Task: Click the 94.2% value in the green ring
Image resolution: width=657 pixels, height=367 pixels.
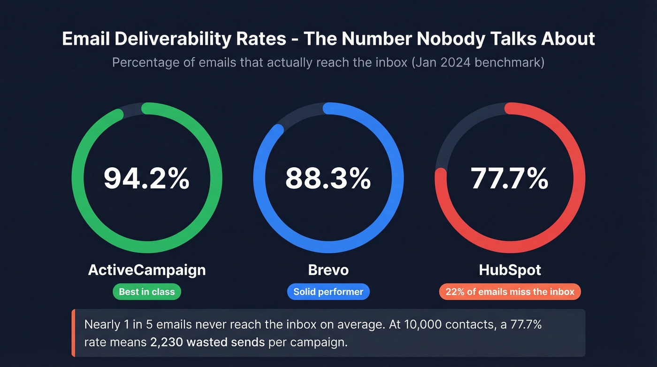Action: pyautogui.click(x=146, y=179)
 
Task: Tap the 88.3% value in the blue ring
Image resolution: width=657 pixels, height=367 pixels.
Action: pyautogui.click(x=328, y=179)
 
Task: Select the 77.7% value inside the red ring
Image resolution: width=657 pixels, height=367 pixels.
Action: pyautogui.click(x=510, y=179)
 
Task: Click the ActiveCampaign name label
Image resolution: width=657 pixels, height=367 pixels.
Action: pyautogui.click(x=147, y=270)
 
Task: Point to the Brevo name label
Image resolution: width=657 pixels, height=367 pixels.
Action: pyautogui.click(x=328, y=270)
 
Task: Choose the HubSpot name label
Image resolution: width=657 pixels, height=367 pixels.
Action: pyautogui.click(x=510, y=270)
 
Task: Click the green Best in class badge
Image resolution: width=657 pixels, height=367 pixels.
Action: pyautogui.click(x=147, y=292)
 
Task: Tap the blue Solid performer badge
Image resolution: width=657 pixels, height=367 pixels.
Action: pyautogui.click(x=328, y=292)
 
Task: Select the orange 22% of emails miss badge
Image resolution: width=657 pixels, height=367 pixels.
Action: pyautogui.click(x=510, y=292)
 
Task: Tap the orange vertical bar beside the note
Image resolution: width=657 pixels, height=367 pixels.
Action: pyautogui.click(x=73, y=333)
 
